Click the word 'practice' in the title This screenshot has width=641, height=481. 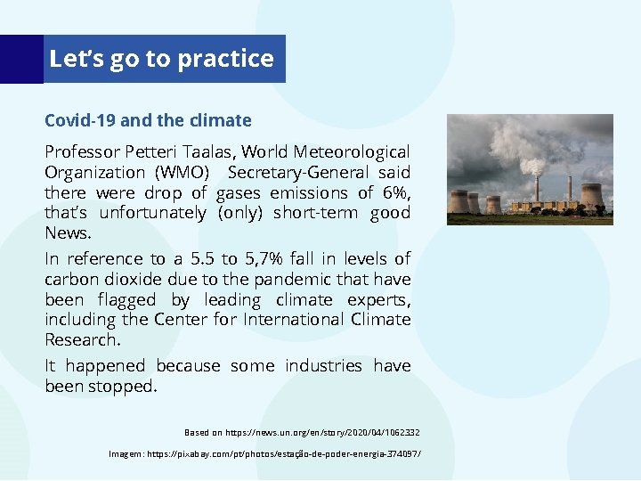click(225, 59)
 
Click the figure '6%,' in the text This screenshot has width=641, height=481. click(393, 192)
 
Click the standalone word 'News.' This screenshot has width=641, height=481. click(68, 232)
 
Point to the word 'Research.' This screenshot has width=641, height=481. click(82, 339)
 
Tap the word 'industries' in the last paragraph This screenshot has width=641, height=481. click(323, 365)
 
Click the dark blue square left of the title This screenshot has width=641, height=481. click(21, 59)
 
